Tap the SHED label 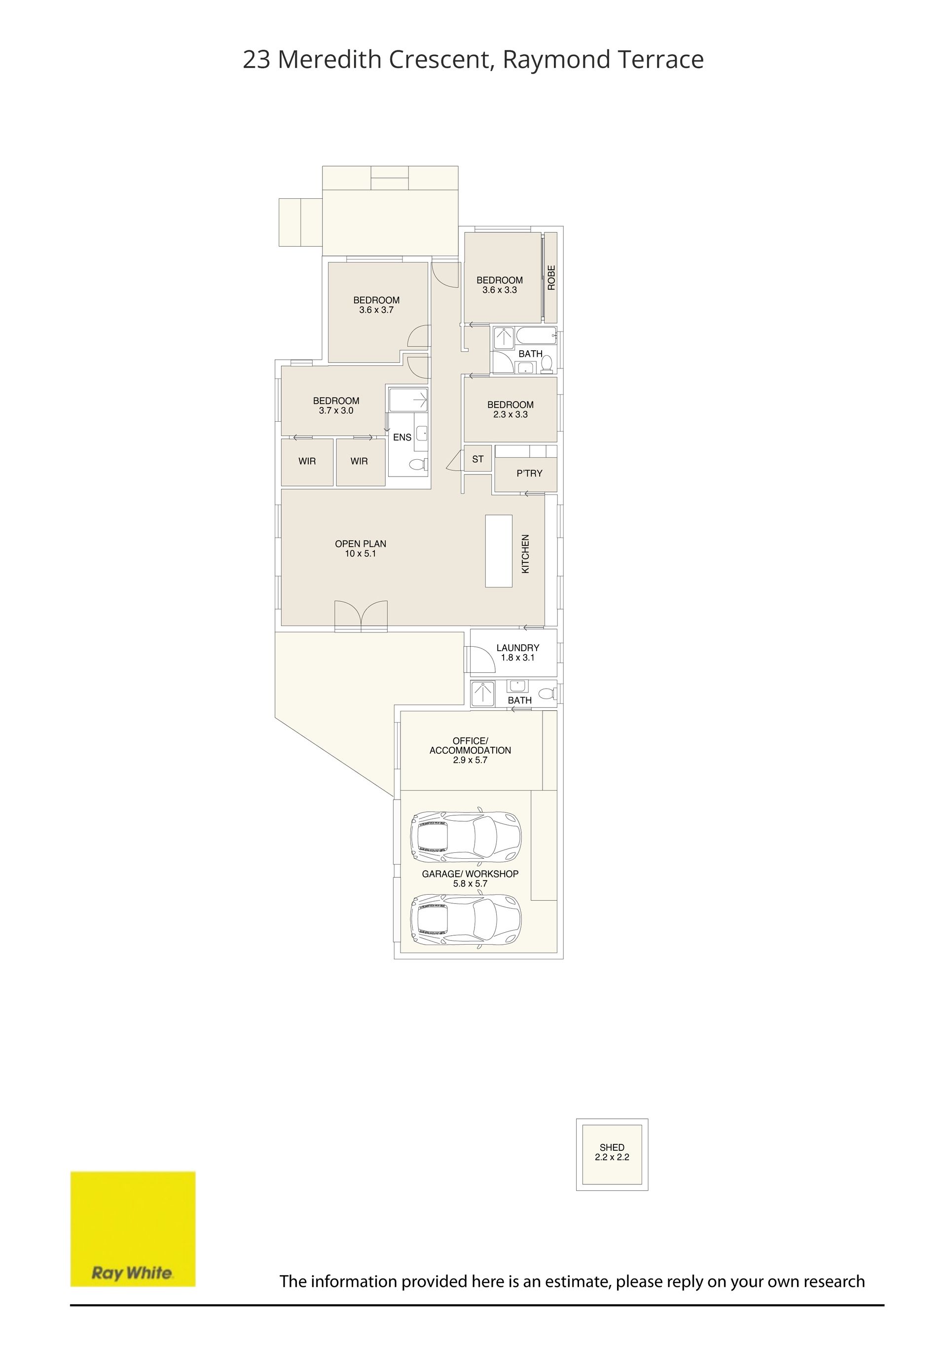click(x=612, y=1147)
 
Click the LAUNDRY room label click(x=517, y=647)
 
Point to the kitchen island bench click(x=499, y=550)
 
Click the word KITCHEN click(x=525, y=553)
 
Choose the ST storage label click(x=478, y=459)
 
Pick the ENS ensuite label click(x=402, y=438)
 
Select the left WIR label click(x=307, y=461)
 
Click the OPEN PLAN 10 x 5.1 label click(x=361, y=548)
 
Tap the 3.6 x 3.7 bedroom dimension click(x=376, y=310)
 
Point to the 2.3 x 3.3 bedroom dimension click(x=510, y=414)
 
